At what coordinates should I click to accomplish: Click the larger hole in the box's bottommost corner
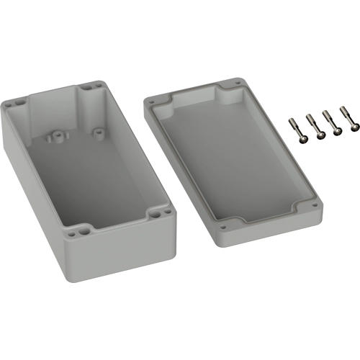click(x=81, y=231)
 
